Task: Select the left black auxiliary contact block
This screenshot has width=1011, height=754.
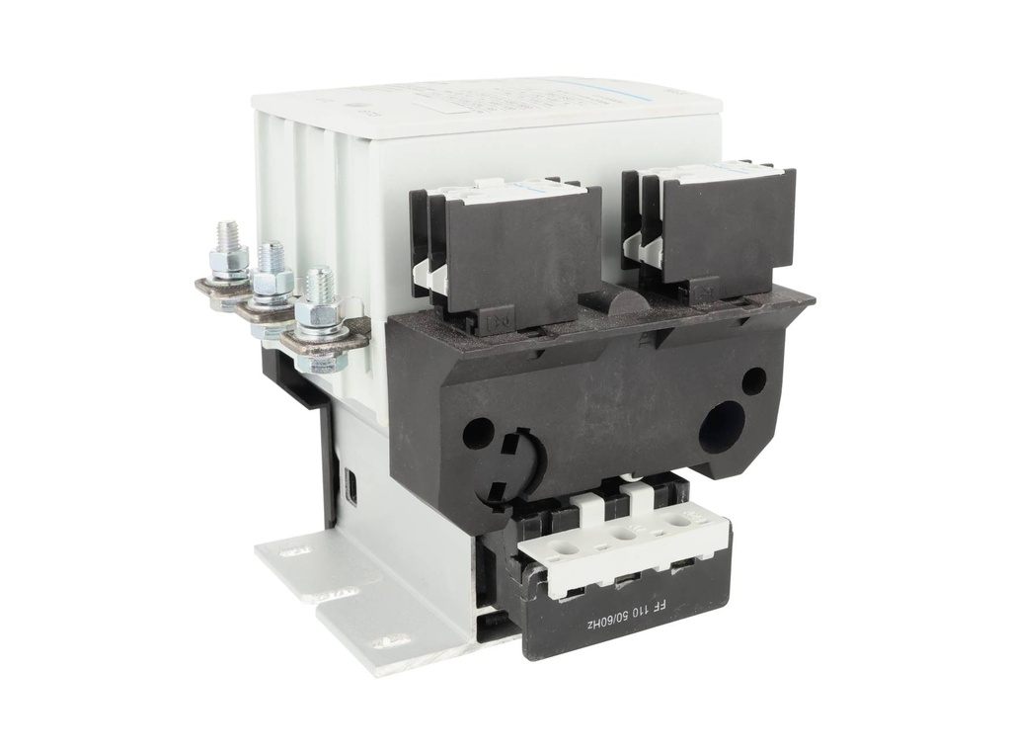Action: [x=513, y=252]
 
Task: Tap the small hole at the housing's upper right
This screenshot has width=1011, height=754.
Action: [x=753, y=380]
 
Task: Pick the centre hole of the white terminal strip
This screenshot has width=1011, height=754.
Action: [x=621, y=533]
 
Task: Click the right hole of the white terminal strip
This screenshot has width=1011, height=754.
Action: [x=675, y=519]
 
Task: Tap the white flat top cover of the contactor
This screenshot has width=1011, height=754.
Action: [x=484, y=109]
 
